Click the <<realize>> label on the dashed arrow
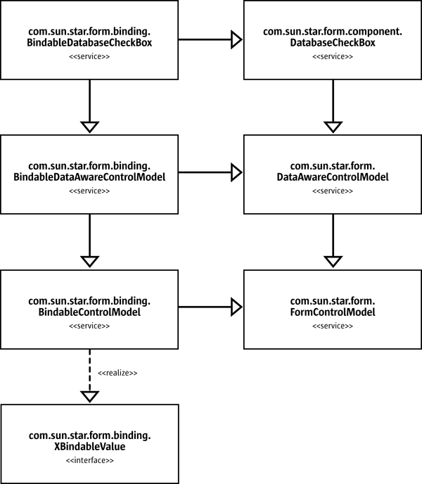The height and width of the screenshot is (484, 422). (117, 372)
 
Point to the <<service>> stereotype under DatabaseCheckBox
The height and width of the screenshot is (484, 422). (332, 56)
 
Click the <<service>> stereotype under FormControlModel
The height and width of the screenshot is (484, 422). (332, 326)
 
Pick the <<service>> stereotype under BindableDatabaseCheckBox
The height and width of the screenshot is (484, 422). (90, 56)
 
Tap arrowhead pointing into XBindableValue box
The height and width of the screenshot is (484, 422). (89, 396)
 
